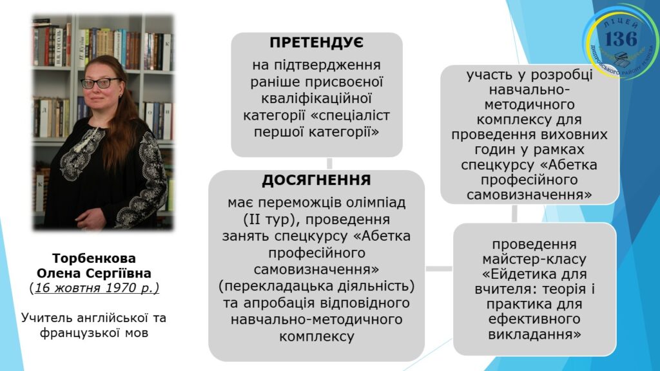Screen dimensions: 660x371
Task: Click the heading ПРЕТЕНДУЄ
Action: (316, 43)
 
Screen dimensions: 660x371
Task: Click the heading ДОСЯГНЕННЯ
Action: (316, 180)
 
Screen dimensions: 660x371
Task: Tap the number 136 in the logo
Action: (621, 39)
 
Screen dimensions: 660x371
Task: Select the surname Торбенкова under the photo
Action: (94, 258)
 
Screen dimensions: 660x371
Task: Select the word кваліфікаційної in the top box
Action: (316, 99)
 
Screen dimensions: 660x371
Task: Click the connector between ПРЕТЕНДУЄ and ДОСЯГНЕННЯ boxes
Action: (329, 163)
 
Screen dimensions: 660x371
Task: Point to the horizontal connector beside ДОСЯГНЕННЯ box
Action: (438, 269)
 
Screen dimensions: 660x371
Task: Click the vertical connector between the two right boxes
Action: (514, 213)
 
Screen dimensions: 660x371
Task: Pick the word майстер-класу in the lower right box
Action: (534, 259)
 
